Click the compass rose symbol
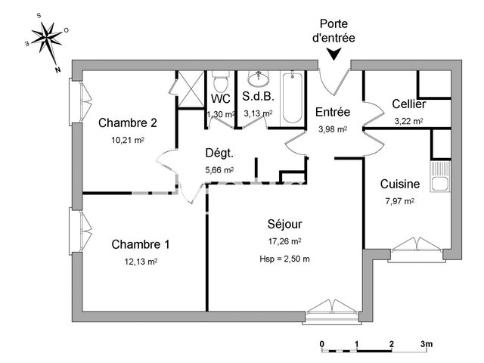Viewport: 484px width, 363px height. tap(48, 42)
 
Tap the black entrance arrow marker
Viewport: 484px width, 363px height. tap(335, 53)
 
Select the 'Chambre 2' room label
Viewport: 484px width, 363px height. tap(128, 123)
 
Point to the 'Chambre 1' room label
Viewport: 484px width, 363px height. tap(141, 244)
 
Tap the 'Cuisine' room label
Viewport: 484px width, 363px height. tap(400, 184)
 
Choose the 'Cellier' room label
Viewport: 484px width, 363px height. tap(408, 104)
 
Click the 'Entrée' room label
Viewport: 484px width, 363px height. tap(333, 112)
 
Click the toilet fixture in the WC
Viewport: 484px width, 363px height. tap(221, 82)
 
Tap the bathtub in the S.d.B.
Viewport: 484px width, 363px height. tap(293, 99)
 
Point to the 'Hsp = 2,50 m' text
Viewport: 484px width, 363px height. tap(284, 259)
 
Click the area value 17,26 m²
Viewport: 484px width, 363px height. tap(285, 241)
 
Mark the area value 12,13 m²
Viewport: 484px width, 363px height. tap(141, 262)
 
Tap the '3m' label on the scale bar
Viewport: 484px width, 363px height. tap(426, 345)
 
